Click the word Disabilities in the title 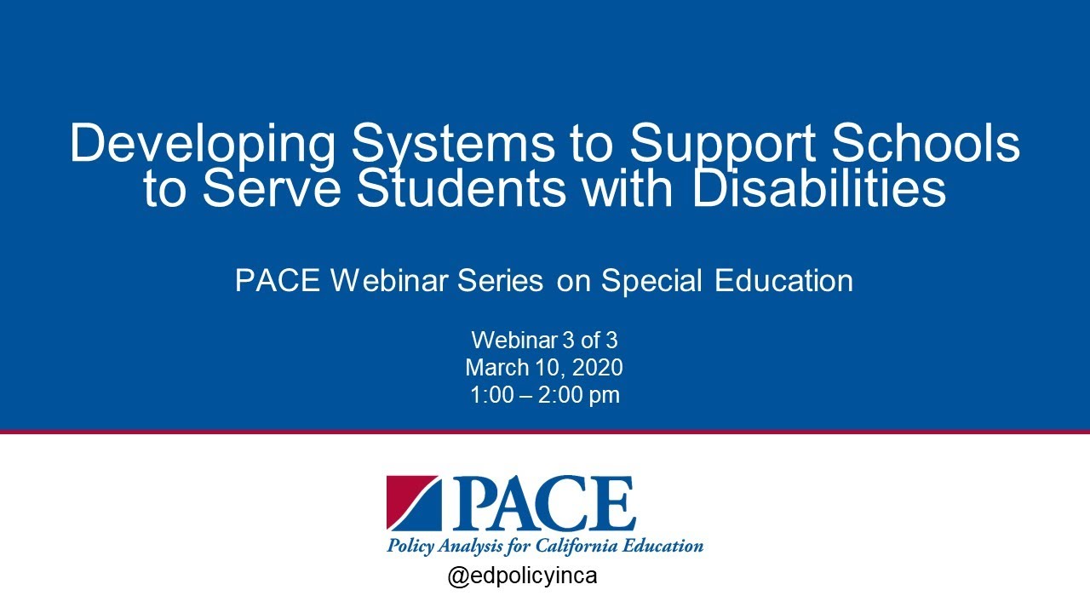818,188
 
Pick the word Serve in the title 274,188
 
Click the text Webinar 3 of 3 544,341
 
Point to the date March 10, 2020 544,368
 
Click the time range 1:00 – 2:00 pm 544,395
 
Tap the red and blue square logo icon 413,503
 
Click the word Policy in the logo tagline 410,546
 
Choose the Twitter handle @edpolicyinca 522,576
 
